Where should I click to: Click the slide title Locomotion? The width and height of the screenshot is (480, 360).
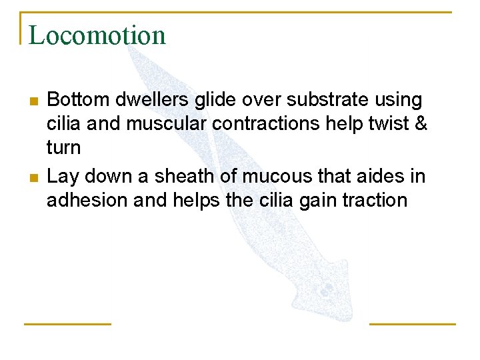tap(97, 35)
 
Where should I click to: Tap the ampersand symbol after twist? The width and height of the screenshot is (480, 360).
tap(421, 124)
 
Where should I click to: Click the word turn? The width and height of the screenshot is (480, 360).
tap(63, 148)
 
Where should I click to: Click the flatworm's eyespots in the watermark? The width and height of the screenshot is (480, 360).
tap(326, 289)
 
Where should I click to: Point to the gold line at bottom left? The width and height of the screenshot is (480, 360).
tap(67, 324)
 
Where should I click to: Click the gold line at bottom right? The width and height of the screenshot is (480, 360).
tap(412, 324)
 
